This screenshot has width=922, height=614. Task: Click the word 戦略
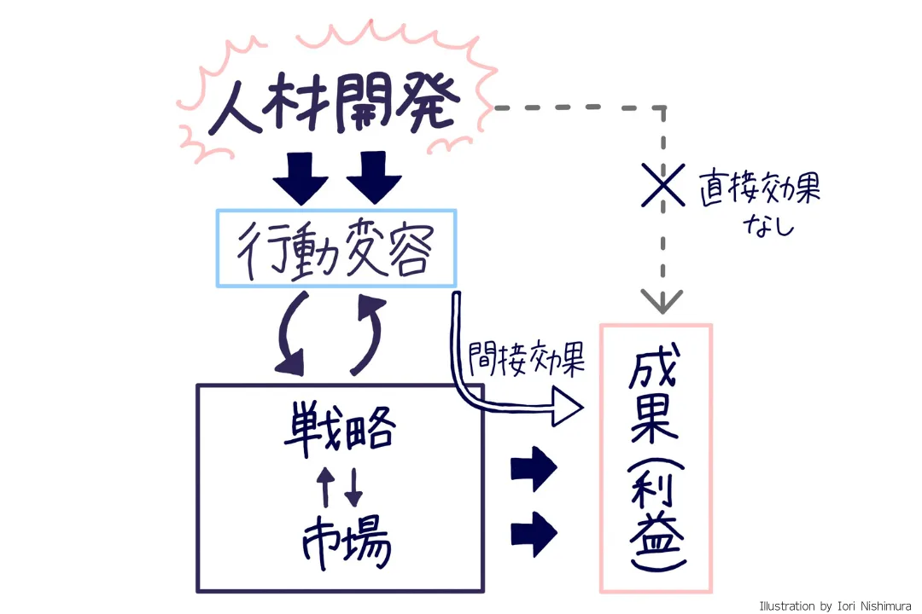coord(339,427)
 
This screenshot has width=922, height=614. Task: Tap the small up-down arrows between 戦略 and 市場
coord(341,484)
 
